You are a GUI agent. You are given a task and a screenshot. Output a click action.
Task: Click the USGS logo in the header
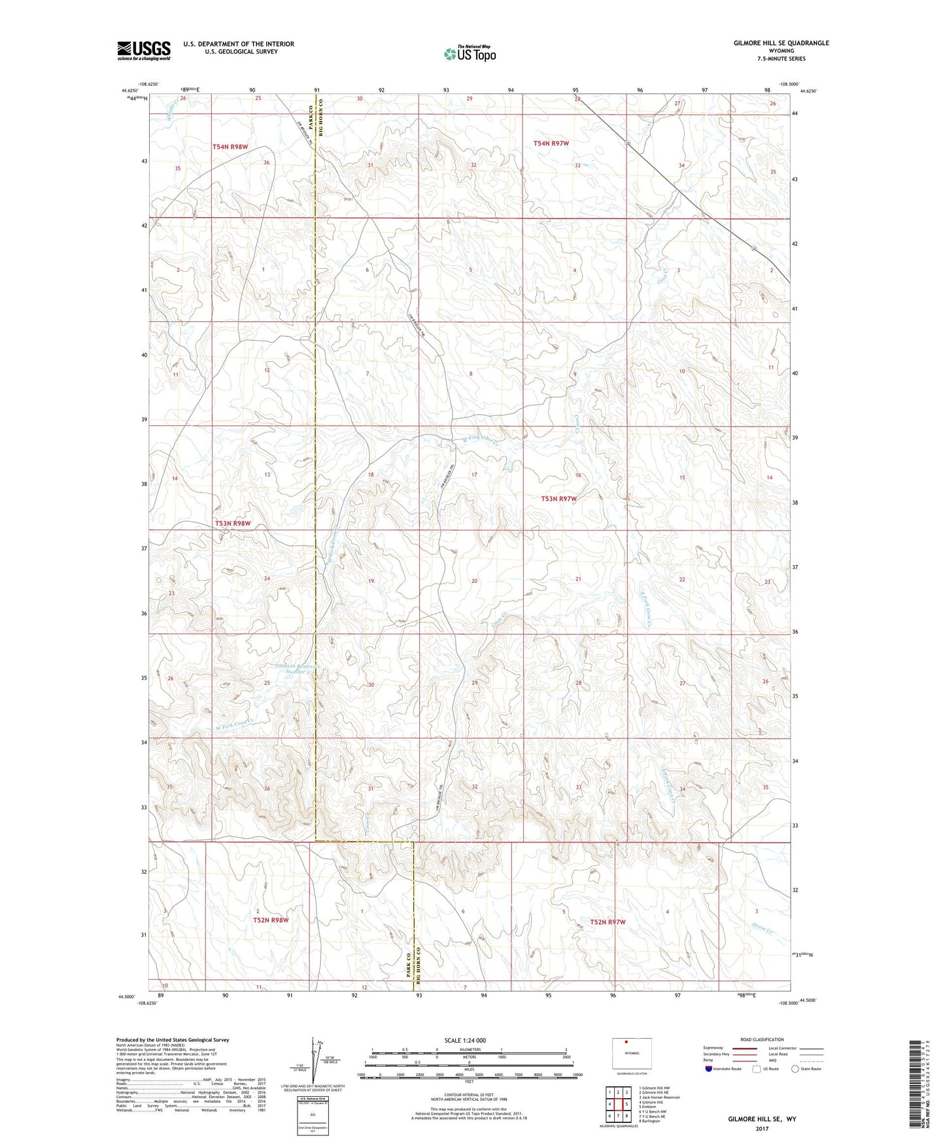[143, 50]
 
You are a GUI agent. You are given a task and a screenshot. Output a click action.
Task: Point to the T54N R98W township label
[230, 147]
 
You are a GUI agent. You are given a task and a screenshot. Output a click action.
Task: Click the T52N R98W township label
[271, 920]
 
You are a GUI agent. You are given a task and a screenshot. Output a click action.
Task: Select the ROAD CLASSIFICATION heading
[762, 1039]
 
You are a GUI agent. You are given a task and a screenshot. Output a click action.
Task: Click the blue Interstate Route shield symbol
[709, 1069]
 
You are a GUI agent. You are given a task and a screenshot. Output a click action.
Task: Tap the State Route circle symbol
[795, 1069]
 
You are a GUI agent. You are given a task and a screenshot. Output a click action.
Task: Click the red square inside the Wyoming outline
[626, 1043]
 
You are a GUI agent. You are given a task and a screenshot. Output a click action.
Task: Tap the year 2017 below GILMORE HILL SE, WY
[762, 1129]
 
